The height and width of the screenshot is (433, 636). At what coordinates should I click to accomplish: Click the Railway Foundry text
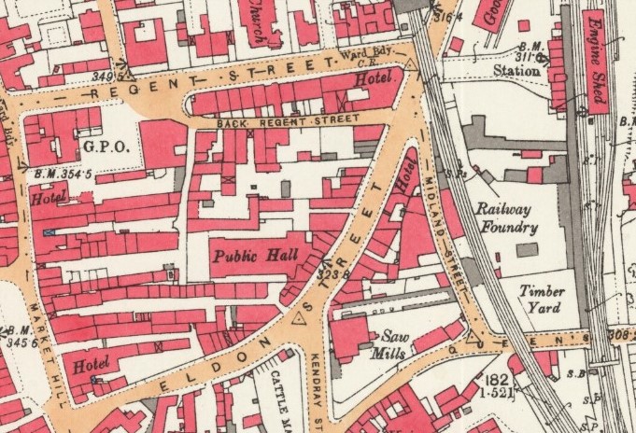coord(505,218)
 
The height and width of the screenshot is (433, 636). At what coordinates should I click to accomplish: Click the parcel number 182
coord(496,380)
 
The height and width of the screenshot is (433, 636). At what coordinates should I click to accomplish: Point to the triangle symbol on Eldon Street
coord(300,317)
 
